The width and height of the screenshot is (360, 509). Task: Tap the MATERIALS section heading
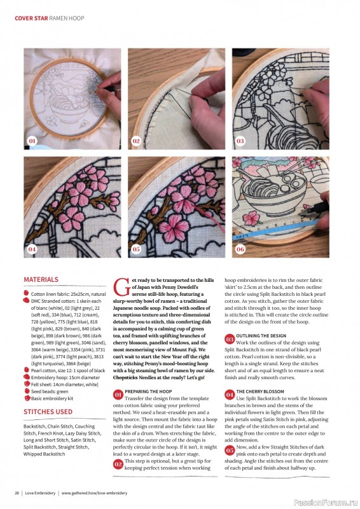[41, 279]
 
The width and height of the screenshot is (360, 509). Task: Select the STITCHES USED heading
[48, 412]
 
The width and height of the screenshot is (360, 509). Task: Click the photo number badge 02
[136, 140]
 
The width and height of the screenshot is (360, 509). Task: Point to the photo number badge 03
[240, 140]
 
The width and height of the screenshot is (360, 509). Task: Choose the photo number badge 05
[136, 249]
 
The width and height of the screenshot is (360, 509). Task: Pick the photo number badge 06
[240, 249]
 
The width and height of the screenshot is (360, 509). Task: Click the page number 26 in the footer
[17, 493]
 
